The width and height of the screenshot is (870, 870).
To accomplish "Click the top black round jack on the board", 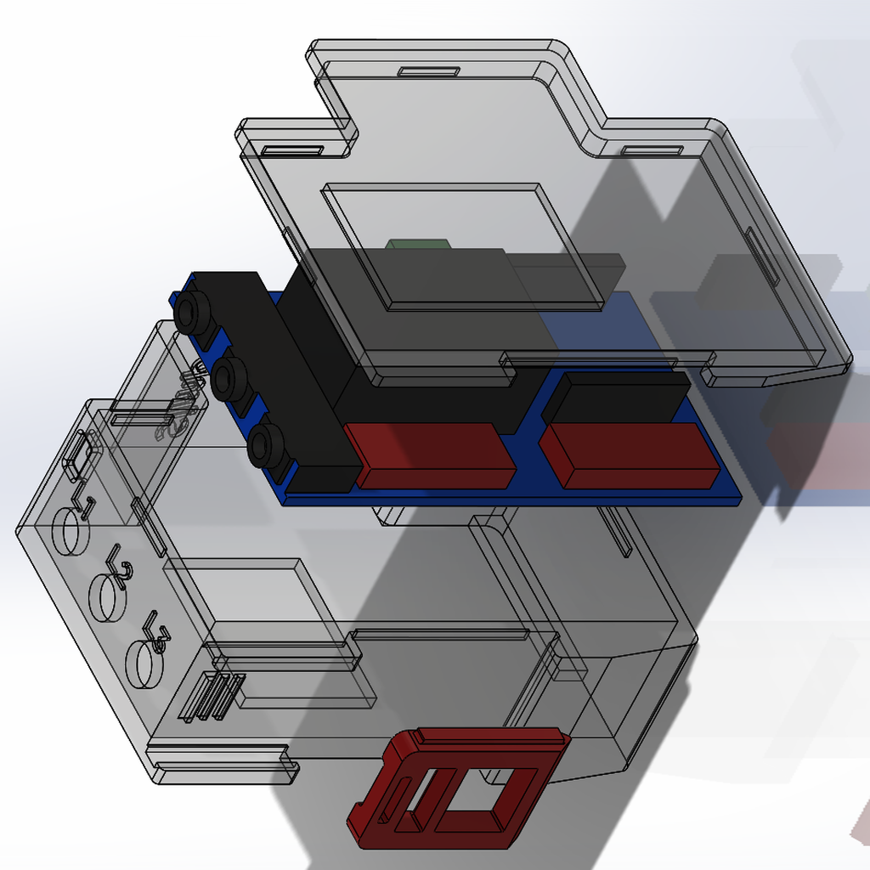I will tap(193, 312).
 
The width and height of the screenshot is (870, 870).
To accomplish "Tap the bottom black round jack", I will tap(265, 444).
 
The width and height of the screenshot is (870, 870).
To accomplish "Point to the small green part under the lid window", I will tap(418, 245).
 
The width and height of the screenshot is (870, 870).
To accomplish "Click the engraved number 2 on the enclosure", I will tap(120, 566).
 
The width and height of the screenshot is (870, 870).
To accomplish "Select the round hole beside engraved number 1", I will tap(70, 530).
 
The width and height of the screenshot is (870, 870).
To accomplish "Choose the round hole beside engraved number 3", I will tap(143, 664).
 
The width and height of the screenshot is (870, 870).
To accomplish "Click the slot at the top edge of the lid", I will tap(429, 71).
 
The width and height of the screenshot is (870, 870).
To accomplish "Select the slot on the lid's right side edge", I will tap(762, 255).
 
